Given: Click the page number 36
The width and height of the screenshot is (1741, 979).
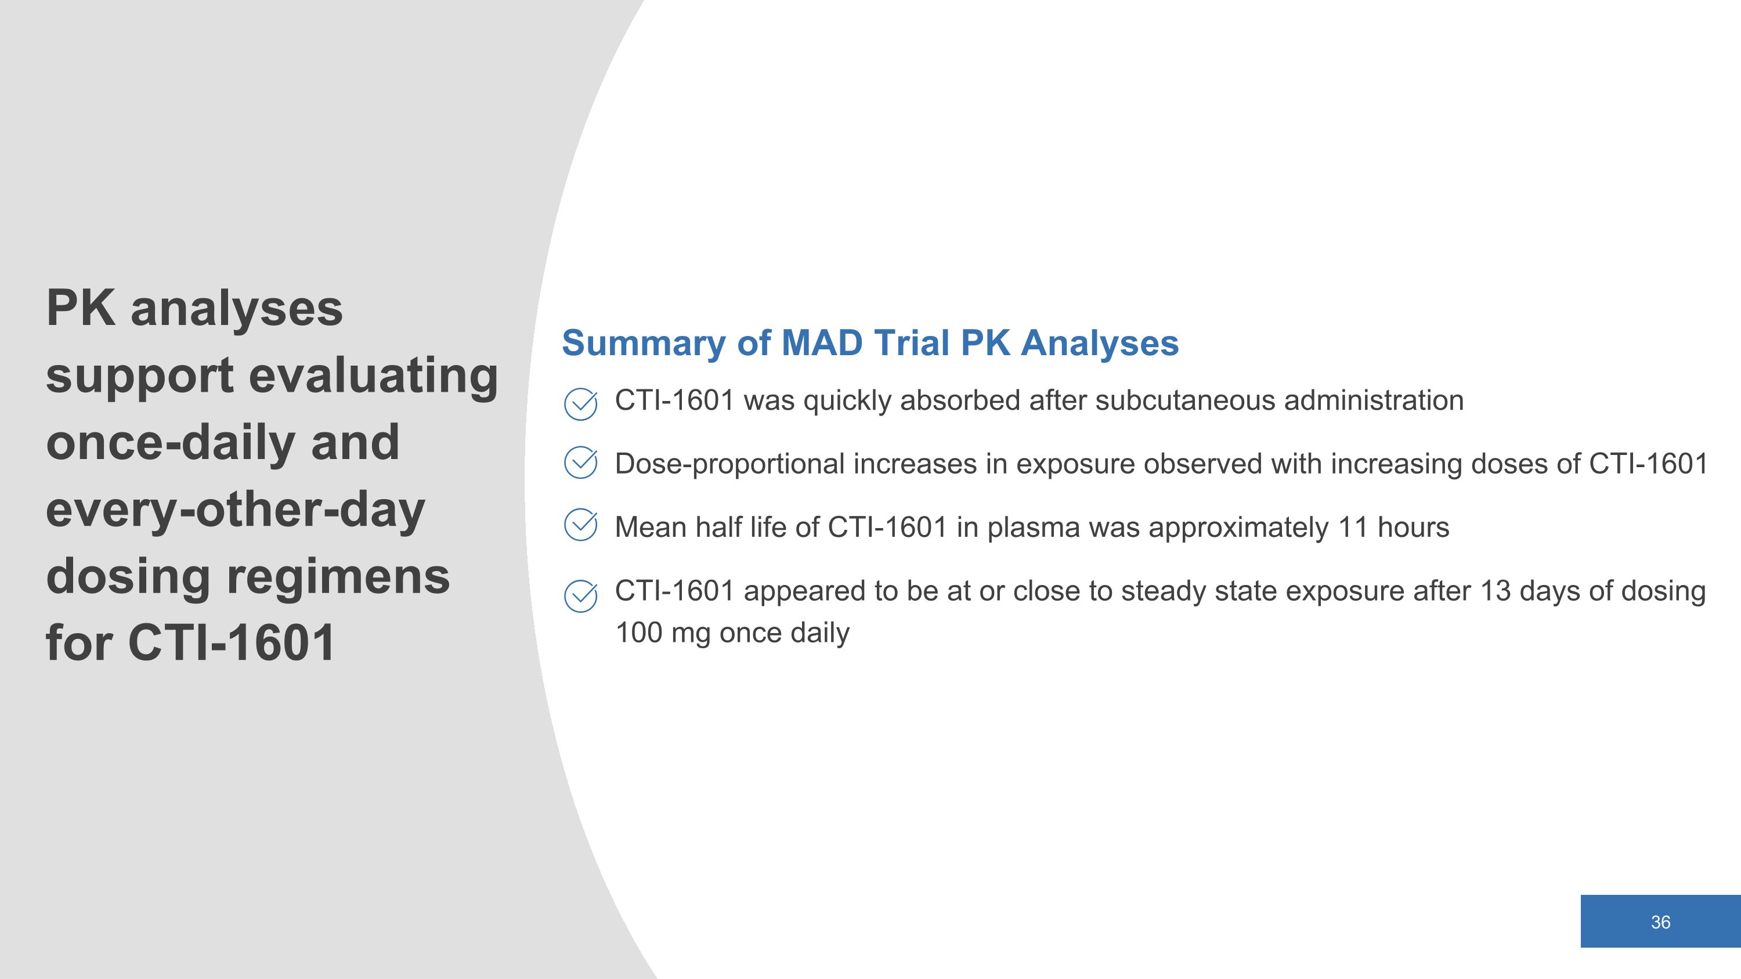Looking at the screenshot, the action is click(x=1660, y=922).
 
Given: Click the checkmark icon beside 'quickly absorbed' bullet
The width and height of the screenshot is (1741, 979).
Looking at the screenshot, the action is click(x=580, y=404).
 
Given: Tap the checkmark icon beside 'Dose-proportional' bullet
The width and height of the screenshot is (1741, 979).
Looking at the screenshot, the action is click(x=580, y=463).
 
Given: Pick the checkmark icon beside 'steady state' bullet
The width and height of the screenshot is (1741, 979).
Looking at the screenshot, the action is click(x=580, y=595).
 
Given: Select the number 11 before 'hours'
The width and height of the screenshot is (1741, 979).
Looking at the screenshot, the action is click(x=1354, y=527).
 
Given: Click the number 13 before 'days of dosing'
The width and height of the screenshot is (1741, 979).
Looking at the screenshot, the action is click(x=1495, y=591).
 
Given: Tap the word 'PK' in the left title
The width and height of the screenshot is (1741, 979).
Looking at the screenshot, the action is click(x=81, y=308).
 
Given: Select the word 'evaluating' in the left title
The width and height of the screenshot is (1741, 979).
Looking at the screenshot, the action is click(x=374, y=375).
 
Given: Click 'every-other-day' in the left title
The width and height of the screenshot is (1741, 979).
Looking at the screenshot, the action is click(x=235, y=511).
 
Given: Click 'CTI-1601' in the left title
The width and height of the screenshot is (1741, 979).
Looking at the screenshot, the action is click(x=231, y=642).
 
